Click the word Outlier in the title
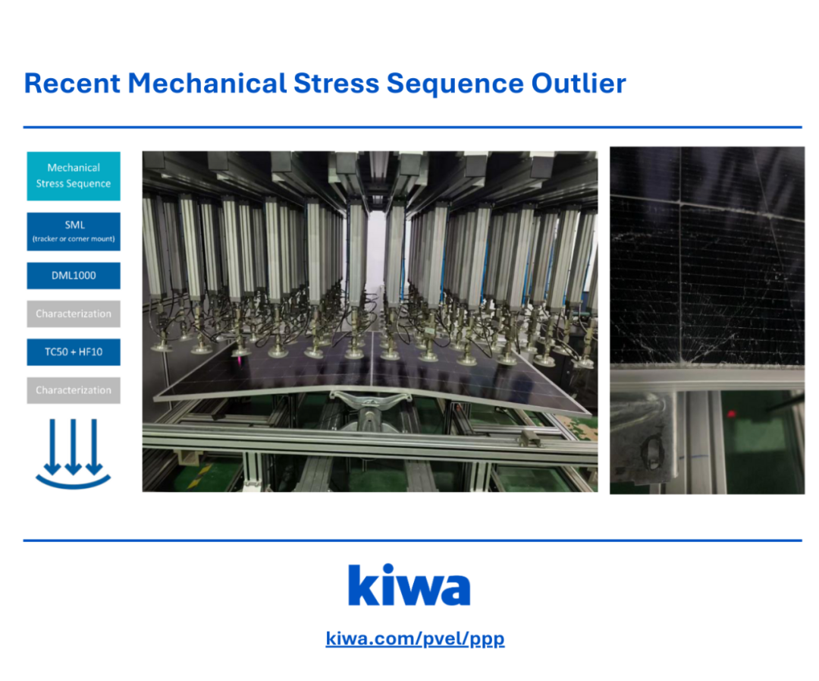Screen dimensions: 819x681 click(578, 84)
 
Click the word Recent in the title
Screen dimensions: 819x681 click(72, 84)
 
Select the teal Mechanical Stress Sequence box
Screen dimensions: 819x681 click(74, 175)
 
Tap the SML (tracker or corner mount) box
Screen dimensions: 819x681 click(74, 232)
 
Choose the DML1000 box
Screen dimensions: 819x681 click(74, 276)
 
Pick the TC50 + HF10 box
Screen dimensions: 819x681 click(74, 352)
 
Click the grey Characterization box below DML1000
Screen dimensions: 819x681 click(74, 314)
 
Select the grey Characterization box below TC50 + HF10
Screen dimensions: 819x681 click(74, 390)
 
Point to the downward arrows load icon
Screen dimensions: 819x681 click(73, 454)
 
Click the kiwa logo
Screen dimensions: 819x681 click(409, 585)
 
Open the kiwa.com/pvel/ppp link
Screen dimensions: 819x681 click(416, 638)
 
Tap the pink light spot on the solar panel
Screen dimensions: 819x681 click(238, 361)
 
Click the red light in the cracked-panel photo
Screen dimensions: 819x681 click(731, 415)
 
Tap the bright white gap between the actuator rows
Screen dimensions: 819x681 click(375, 246)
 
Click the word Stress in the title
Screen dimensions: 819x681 click(337, 84)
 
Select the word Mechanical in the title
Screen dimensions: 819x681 click(207, 84)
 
